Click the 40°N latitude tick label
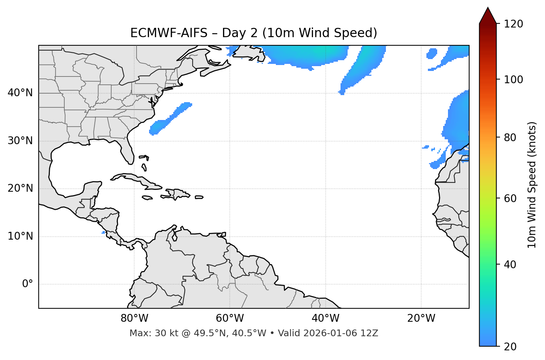(x=20, y=93)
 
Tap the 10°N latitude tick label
(x=20, y=236)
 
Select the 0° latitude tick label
(x=28, y=284)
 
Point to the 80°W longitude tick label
(x=134, y=318)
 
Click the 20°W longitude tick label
(x=421, y=318)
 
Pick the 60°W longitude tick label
(x=230, y=318)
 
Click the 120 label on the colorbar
(x=514, y=24)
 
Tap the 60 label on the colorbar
(x=511, y=198)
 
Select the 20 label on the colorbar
(x=511, y=347)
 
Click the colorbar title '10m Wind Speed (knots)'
(x=532, y=185)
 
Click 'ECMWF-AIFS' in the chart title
(x=168, y=33)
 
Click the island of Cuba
(x=134, y=178)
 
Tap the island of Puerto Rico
(x=199, y=197)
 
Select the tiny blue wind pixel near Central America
(x=103, y=233)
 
